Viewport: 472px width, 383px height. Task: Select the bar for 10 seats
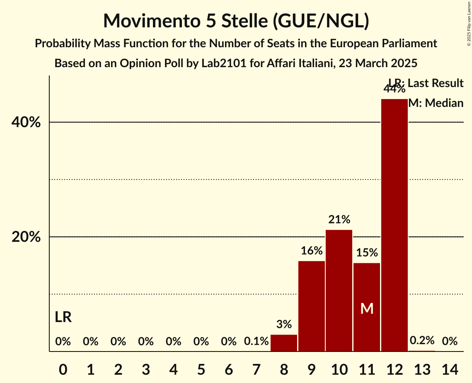coord(339,290)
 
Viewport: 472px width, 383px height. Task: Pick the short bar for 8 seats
coord(284,343)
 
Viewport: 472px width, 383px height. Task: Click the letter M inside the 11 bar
coord(367,308)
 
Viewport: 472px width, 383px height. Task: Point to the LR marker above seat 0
coord(63,318)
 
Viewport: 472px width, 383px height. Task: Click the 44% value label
coord(394,89)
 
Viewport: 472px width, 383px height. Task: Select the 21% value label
coord(339,219)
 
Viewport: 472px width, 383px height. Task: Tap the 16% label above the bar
coord(312,250)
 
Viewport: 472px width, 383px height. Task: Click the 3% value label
coord(284,324)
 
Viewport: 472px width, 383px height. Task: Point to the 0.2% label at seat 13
coord(422,341)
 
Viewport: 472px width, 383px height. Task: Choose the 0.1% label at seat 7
coord(257,342)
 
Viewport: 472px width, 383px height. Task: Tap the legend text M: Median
coord(436,103)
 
